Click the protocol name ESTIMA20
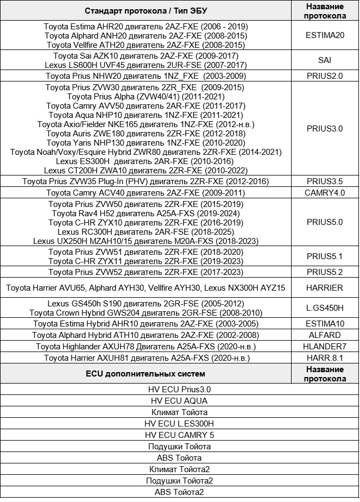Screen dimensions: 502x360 [325, 36]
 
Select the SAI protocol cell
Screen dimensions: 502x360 [325, 60]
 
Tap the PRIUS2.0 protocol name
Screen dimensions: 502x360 [325, 76]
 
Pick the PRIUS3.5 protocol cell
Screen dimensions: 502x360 [325, 181]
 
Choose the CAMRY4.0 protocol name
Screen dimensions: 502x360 [325, 193]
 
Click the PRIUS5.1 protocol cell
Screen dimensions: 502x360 [325, 256]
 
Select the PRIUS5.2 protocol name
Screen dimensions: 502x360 [325, 272]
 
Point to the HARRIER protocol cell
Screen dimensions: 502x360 [325, 287]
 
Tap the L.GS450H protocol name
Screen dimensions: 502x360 [325, 308]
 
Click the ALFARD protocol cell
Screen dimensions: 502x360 [325, 335]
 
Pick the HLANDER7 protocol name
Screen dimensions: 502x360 [325, 347]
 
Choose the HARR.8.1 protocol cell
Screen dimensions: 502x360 [325, 358]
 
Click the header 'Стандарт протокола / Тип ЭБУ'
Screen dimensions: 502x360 [146, 11]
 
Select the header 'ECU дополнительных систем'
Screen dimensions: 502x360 [146, 374]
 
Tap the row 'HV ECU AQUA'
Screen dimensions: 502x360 [179, 400]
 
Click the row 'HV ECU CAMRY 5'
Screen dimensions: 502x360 [179, 435]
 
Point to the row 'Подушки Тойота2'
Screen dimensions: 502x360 [179, 481]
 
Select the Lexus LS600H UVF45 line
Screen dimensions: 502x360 [146, 65]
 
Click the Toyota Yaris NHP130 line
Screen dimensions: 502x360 [146, 142]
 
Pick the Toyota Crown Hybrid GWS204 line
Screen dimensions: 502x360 [146, 313]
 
